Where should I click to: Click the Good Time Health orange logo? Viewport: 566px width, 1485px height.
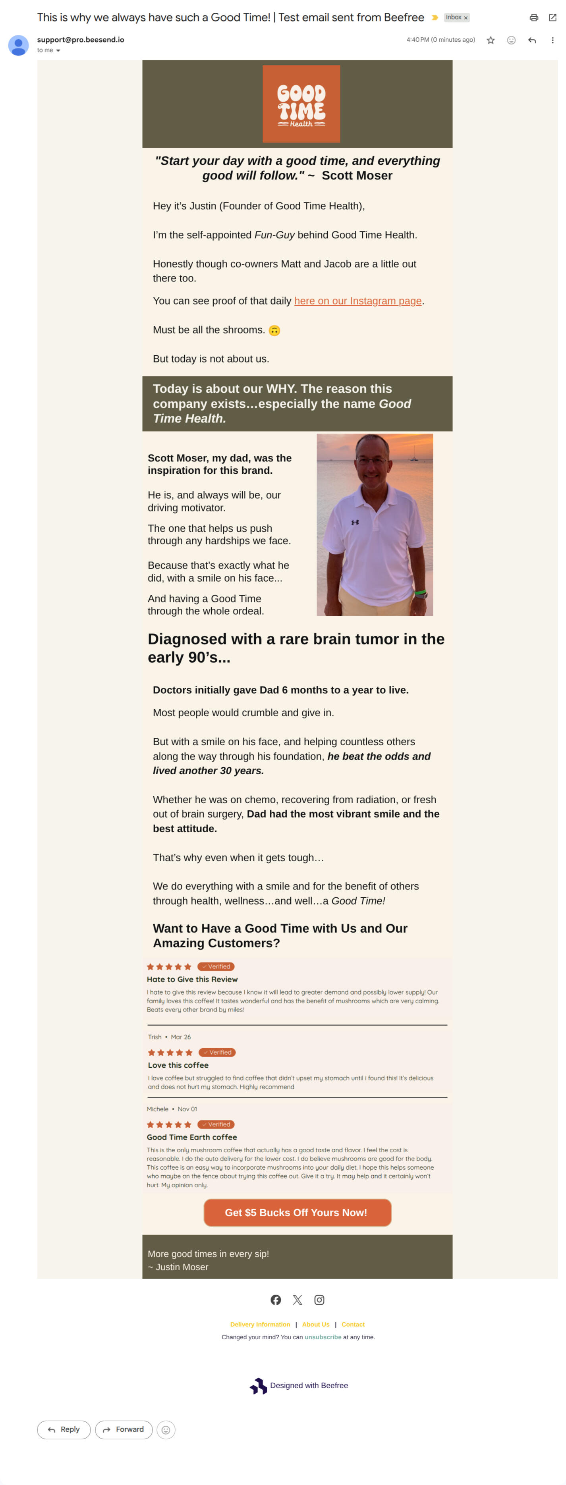pyautogui.click(x=301, y=104)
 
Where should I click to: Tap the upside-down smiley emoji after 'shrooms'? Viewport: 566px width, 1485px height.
pyautogui.click(x=274, y=330)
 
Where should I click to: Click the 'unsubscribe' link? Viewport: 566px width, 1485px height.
pyautogui.click(x=323, y=1337)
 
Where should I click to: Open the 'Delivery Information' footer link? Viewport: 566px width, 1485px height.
pyautogui.click(x=260, y=1324)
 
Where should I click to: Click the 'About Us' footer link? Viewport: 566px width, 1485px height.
pyautogui.click(x=316, y=1324)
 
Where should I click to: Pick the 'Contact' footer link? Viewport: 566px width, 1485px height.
pyautogui.click(x=353, y=1324)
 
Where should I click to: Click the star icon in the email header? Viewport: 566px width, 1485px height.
pyautogui.click(x=491, y=40)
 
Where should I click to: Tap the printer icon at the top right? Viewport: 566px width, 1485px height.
pyautogui.click(x=534, y=18)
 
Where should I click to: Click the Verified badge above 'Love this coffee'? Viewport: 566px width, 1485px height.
pyautogui.click(x=217, y=1052)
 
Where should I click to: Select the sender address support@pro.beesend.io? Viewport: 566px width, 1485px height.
pyautogui.click(x=80, y=40)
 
